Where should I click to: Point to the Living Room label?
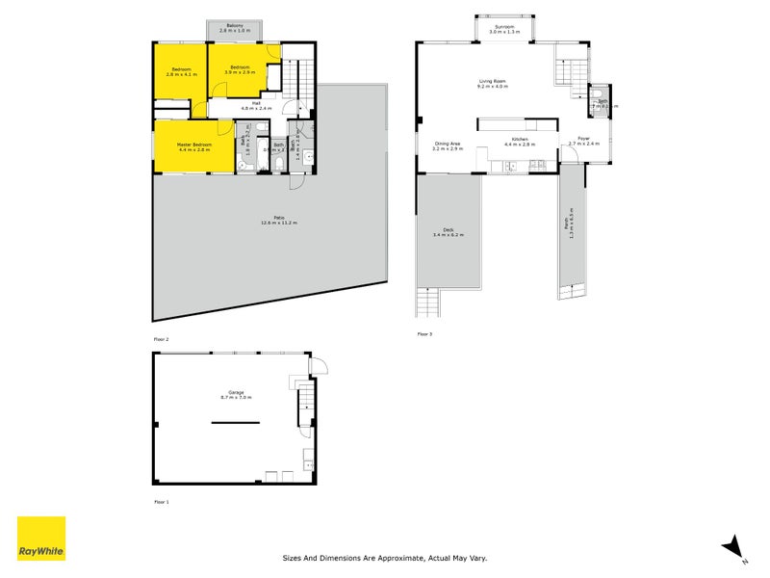click(493, 83)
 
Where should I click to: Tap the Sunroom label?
click(504, 29)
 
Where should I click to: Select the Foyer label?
click(583, 140)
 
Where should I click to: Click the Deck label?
click(449, 230)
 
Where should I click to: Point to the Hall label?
click(257, 104)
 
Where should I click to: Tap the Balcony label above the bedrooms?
click(234, 28)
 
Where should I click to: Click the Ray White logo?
click(41, 539)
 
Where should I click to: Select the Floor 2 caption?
click(161, 340)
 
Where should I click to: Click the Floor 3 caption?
click(424, 334)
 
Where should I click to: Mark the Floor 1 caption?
click(161, 502)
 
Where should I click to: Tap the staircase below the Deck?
click(427, 303)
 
